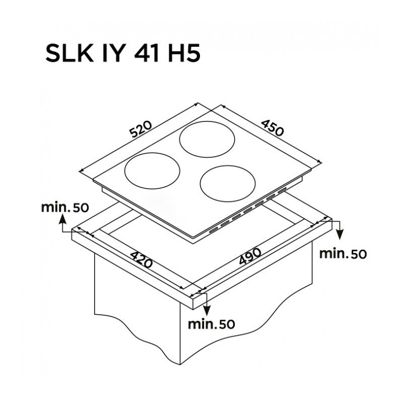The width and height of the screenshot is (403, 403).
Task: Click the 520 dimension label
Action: pos(141,129)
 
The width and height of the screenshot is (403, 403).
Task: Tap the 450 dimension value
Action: pos(273,128)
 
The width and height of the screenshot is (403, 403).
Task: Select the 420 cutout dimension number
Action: pos(142,259)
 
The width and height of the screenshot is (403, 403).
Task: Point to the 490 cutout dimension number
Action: pos(250,256)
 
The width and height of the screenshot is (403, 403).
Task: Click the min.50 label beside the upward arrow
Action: pos(65,207)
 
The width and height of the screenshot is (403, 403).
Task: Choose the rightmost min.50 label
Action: pos(343,254)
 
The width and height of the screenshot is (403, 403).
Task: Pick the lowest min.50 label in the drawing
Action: pos(211,324)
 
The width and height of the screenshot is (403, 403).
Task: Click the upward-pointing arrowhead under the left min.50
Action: pos(62,219)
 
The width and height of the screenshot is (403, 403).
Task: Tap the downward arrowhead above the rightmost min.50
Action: pos(340,235)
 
